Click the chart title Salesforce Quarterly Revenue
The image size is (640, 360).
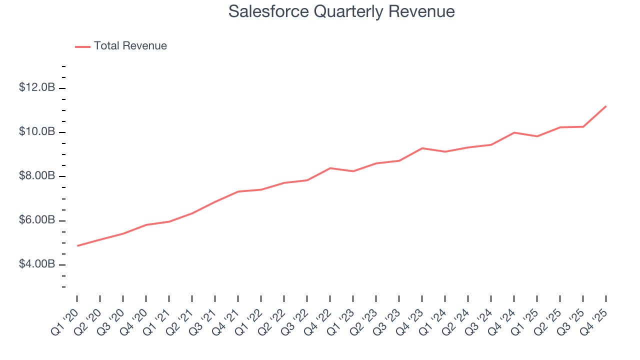point(341,11)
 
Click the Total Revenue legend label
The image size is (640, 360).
point(130,46)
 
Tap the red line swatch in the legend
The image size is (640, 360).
point(82,46)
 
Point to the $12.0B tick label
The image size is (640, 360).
point(37,87)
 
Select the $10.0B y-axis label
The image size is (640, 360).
point(37,131)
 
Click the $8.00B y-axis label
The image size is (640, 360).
point(37,176)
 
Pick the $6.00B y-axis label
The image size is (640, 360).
point(37,220)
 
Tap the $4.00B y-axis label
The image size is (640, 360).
point(37,264)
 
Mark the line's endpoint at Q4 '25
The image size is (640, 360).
point(606,106)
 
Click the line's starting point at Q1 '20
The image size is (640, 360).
point(77,245)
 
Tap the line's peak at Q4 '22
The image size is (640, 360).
point(330,168)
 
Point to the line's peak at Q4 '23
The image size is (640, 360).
point(422,148)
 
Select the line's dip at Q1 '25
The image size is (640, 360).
point(537,136)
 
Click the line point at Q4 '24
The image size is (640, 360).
point(514,132)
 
